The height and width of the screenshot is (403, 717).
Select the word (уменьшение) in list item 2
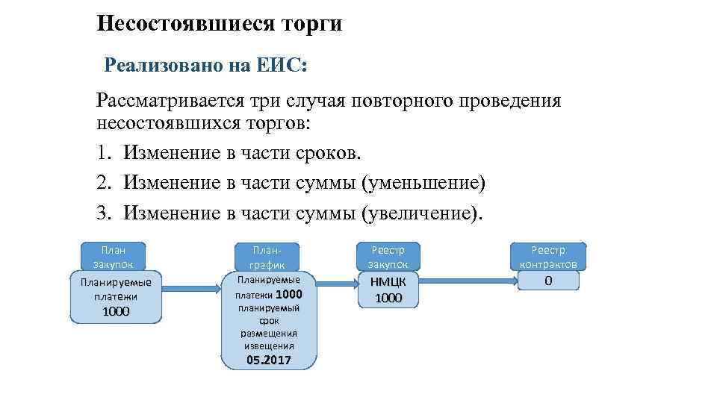pyautogui.click(x=423, y=183)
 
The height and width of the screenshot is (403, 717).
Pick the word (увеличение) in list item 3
pyautogui.click(x=422, y=213)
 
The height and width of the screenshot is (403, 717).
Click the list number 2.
pyautogui.click(x=103, y=183)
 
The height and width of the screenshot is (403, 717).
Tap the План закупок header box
pyautogui.click(x=114, y=256)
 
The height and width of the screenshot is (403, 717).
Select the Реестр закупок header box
pyautogui.click(x=388, y=257)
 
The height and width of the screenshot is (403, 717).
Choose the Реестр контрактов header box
pyautogui.click(x=548, y=257)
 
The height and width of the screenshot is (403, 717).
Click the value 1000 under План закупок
pyautogui.click(x=116, y=311)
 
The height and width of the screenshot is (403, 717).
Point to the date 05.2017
pyautogui.click(x=268, y=360)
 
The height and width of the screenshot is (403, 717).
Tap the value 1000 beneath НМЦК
pyautogui.click(x=388, y=298)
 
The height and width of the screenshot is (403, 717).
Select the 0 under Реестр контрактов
pyautogui.click(x=548, y=281)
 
